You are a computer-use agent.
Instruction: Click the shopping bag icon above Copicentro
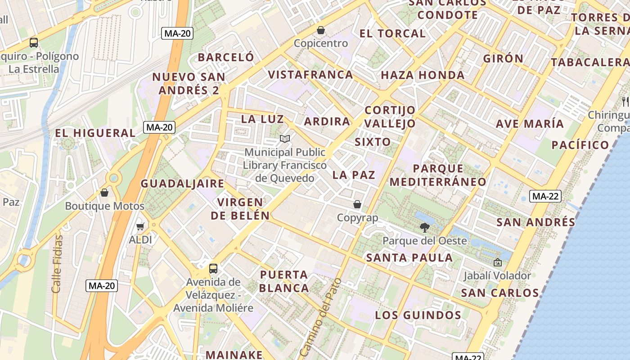point(321,30)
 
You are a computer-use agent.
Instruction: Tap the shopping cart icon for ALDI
point(140,226)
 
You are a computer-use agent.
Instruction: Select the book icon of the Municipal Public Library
point(284,139)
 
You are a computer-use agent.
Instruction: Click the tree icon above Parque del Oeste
point(424,227)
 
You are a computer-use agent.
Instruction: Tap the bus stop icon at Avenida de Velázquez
point(213,269)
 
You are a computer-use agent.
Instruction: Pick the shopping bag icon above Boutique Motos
point(104,193)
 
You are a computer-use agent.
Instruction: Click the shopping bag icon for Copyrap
point(357,204)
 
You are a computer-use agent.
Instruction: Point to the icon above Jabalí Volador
point(497,262)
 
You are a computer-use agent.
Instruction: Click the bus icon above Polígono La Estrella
point(34,43)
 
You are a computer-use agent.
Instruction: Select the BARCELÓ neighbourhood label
point(226,57)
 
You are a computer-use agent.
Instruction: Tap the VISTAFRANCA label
point(310,74)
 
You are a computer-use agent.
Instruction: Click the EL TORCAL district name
point(392,33)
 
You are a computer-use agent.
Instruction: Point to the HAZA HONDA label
point(423,75)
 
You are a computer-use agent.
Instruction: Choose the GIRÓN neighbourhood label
point(503,58)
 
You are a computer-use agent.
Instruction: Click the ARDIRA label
point(327,121)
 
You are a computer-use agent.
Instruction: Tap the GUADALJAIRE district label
point(182,183)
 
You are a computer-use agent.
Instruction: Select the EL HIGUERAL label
point(95,133)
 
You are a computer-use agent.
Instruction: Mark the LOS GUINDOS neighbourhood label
point(418,315)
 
